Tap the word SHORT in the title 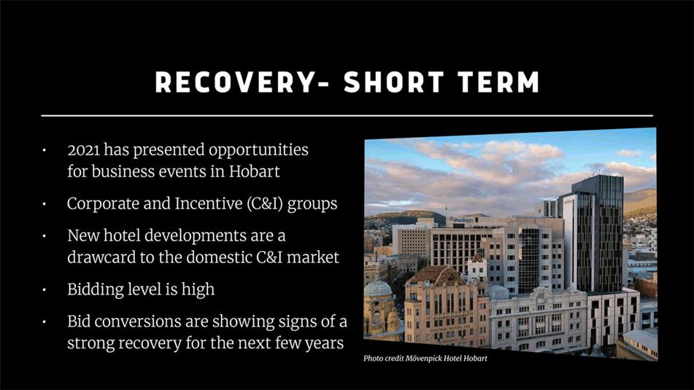pyautogui.click(x=393, y=82)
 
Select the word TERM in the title pyautogui.click(x=499, y=82)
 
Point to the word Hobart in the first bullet pyautogui.click(x=254, y=171)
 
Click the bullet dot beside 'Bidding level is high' pyautogui.click(x=45, y=290)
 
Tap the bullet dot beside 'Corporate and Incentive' pyautogui.click(x=45, y=204)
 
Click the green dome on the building pyautogui.click(x=377, y=287)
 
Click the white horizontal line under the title pyautogui.click(x=347, y=116)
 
